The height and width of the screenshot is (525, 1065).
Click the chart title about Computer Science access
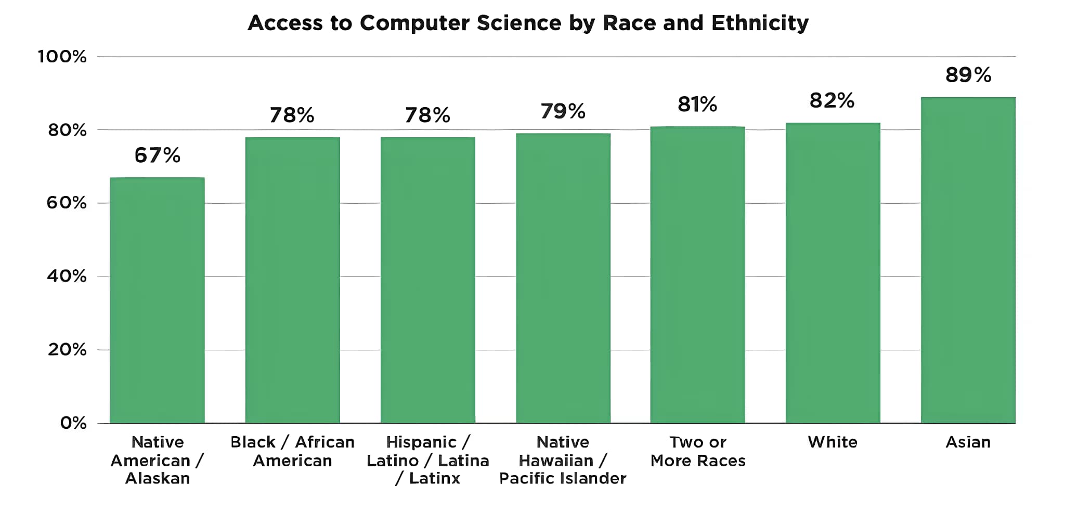tap(528, 23)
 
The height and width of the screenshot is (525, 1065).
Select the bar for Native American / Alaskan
tap(157, 300)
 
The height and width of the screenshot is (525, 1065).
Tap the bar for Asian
tap(968, 260)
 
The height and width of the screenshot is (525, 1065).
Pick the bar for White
tap(833, 273)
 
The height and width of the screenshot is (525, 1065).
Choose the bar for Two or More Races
tap(697, 274)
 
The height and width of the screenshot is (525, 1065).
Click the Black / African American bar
tap(292, 280)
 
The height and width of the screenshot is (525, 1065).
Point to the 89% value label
tap(968, 75)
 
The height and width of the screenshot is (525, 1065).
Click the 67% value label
tap(157, 155)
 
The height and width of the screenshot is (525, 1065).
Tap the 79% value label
tap(563, 111)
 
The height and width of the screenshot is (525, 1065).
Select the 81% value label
tap(697, 104)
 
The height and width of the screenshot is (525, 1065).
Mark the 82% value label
tap(832, 101)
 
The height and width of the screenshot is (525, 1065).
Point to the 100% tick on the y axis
tap(62, 57)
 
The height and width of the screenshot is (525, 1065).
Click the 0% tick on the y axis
tap(73, 423)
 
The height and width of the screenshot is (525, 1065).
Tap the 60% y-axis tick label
tap(67, 203)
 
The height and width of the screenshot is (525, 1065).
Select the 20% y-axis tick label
tap(67, 349)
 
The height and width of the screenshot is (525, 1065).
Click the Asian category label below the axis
tap(968, 442)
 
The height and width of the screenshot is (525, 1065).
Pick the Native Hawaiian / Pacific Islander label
tap(563, 460)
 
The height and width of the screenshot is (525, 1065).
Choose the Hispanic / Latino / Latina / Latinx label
tap(427, 460)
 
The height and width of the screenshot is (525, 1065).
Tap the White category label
tap(833, 442)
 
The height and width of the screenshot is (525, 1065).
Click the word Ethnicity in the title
tap(760, 23)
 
